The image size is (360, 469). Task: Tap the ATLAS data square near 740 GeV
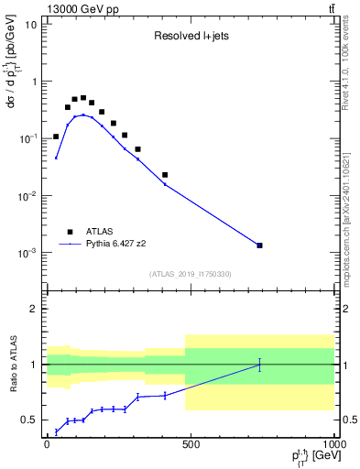coord(260,245)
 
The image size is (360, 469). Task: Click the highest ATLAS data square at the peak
coord(83,98)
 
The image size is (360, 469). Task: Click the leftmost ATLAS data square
coord(56,136)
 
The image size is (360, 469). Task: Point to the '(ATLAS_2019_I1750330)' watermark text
coord(190,274)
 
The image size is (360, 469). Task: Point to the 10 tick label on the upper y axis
coord(31,24)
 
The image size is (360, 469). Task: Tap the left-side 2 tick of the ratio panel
coord(34,309)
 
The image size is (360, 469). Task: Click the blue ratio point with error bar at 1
coord(260,365)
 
